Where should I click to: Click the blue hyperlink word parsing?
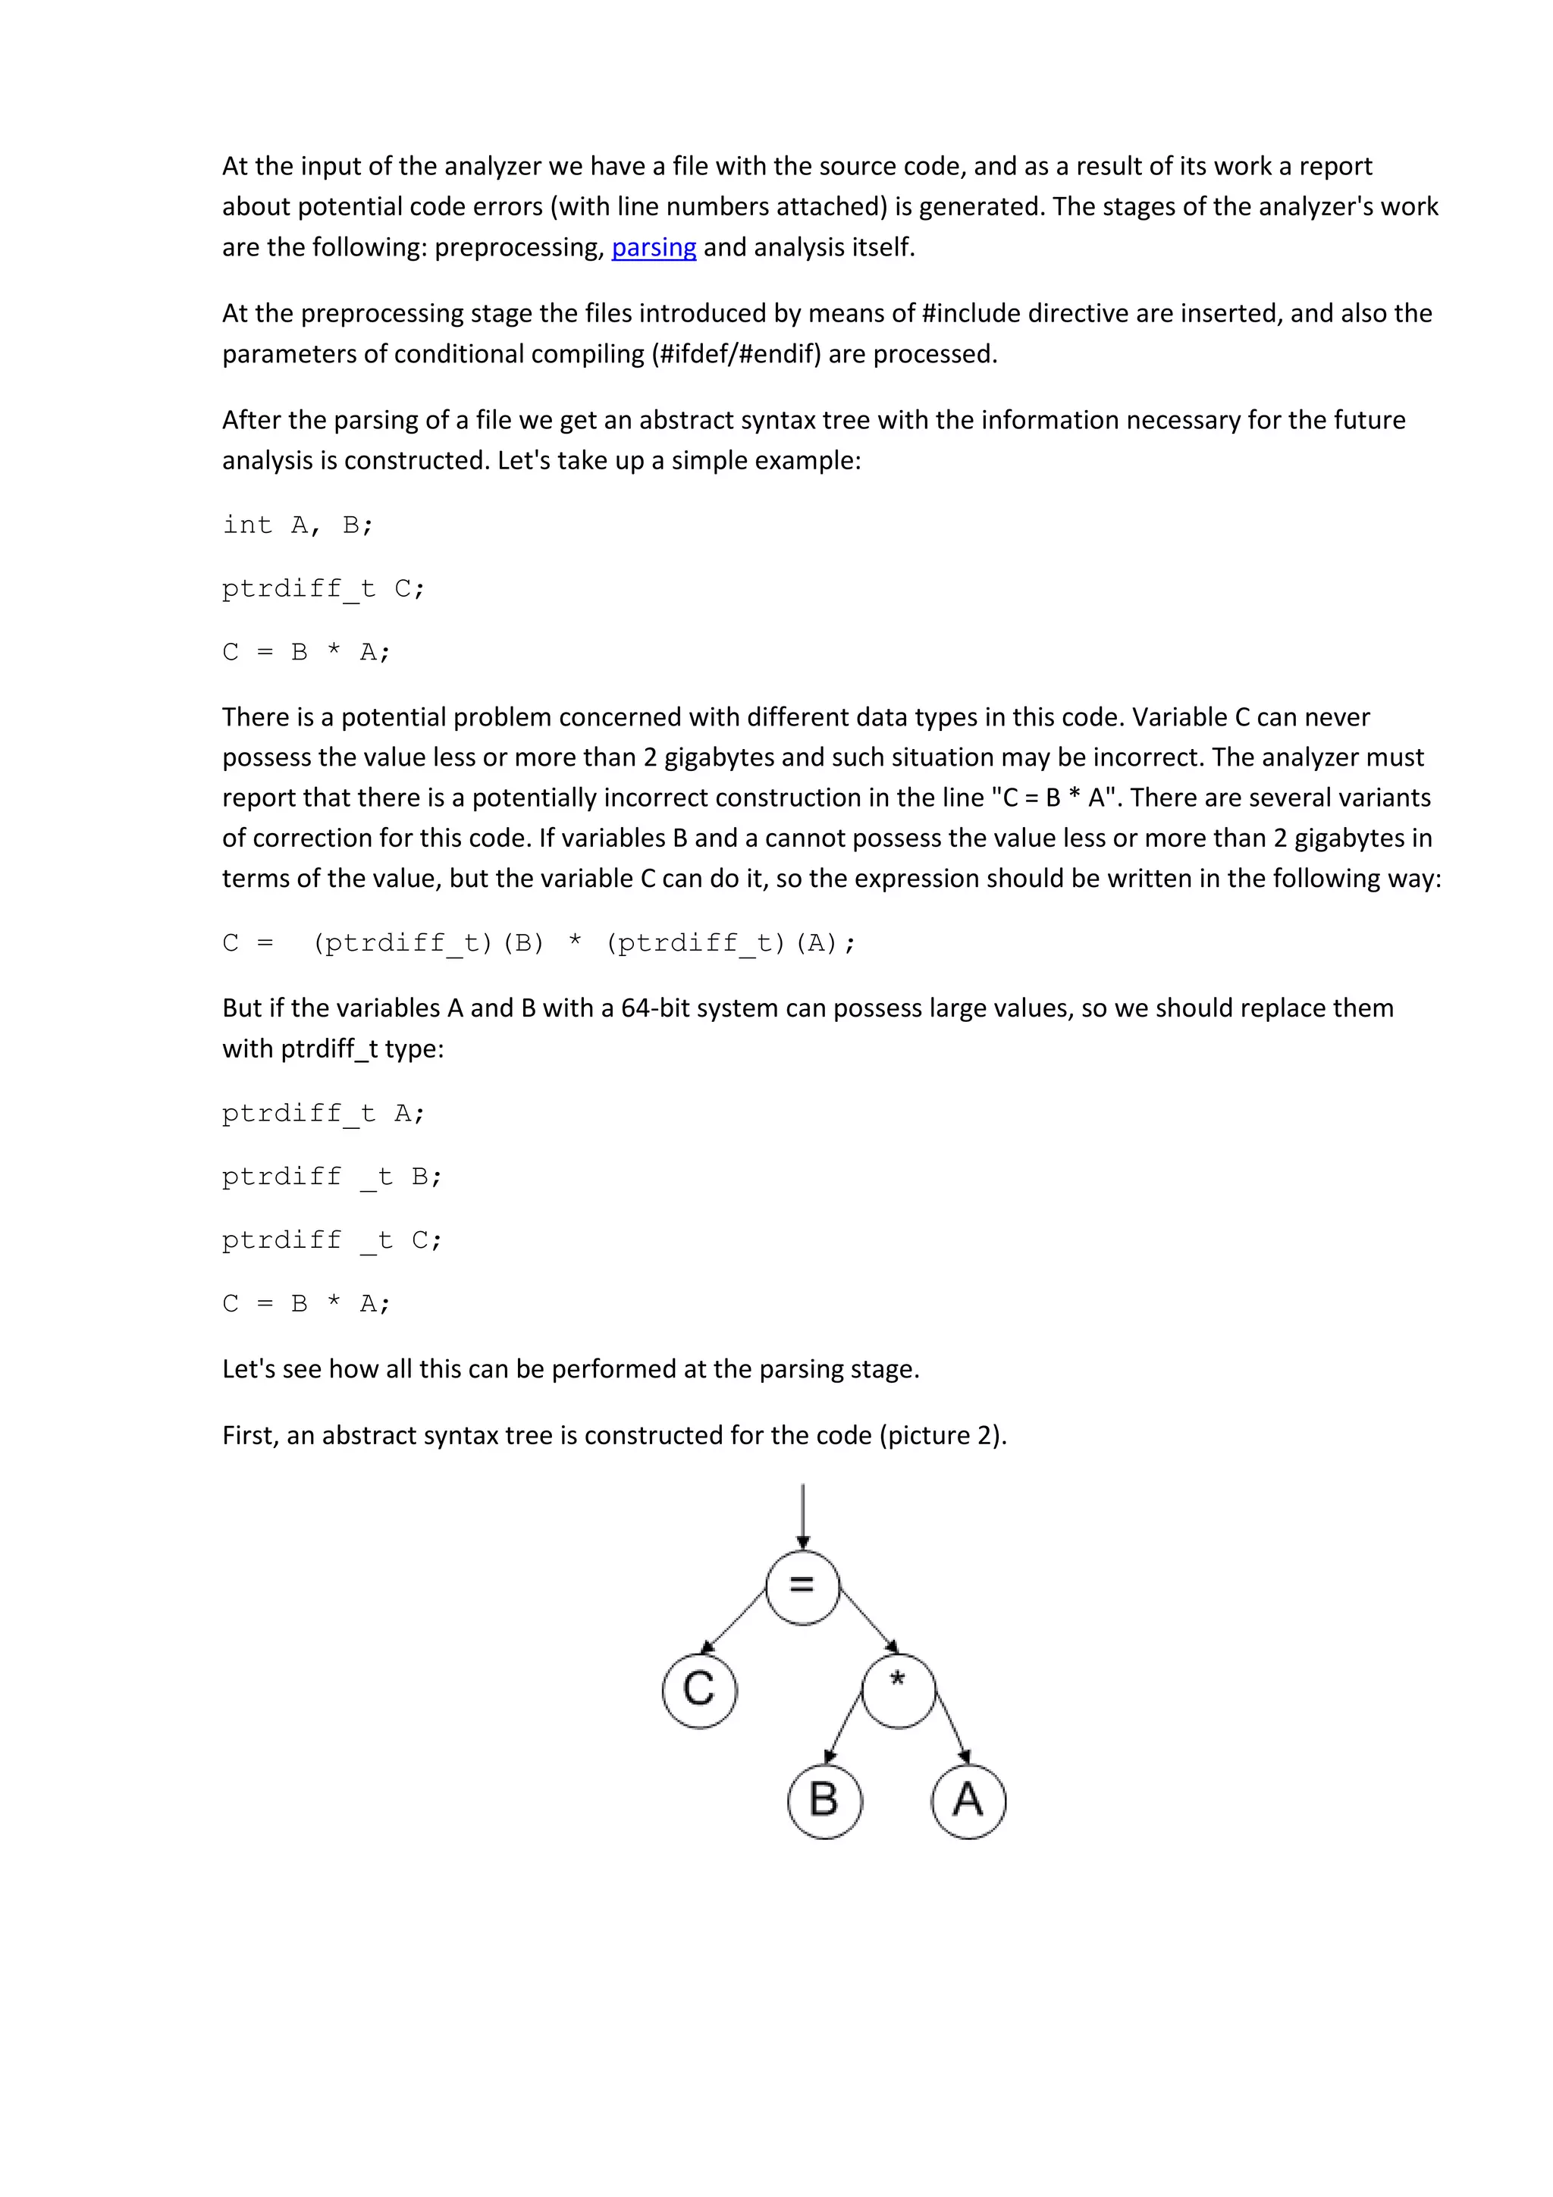tap(654, 248)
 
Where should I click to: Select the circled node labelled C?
tap(699, 1690)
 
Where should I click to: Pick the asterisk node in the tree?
tap(898, 1690)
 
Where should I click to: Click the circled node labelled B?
tap(825, 1801)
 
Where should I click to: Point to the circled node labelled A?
tap(968, 1801)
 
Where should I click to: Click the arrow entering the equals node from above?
tap(803, 1517)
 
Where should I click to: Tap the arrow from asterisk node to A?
tap(953, 1727)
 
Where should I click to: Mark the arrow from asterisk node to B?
tap(843, 1727)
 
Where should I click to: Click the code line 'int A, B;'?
tap(297, 525)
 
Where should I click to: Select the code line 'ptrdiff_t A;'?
tap(324, 1114)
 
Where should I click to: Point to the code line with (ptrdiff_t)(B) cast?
tap(538, 944)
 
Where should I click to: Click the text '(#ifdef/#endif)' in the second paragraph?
tap(737, 355)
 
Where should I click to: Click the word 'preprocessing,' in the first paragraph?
tap(519, 248)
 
